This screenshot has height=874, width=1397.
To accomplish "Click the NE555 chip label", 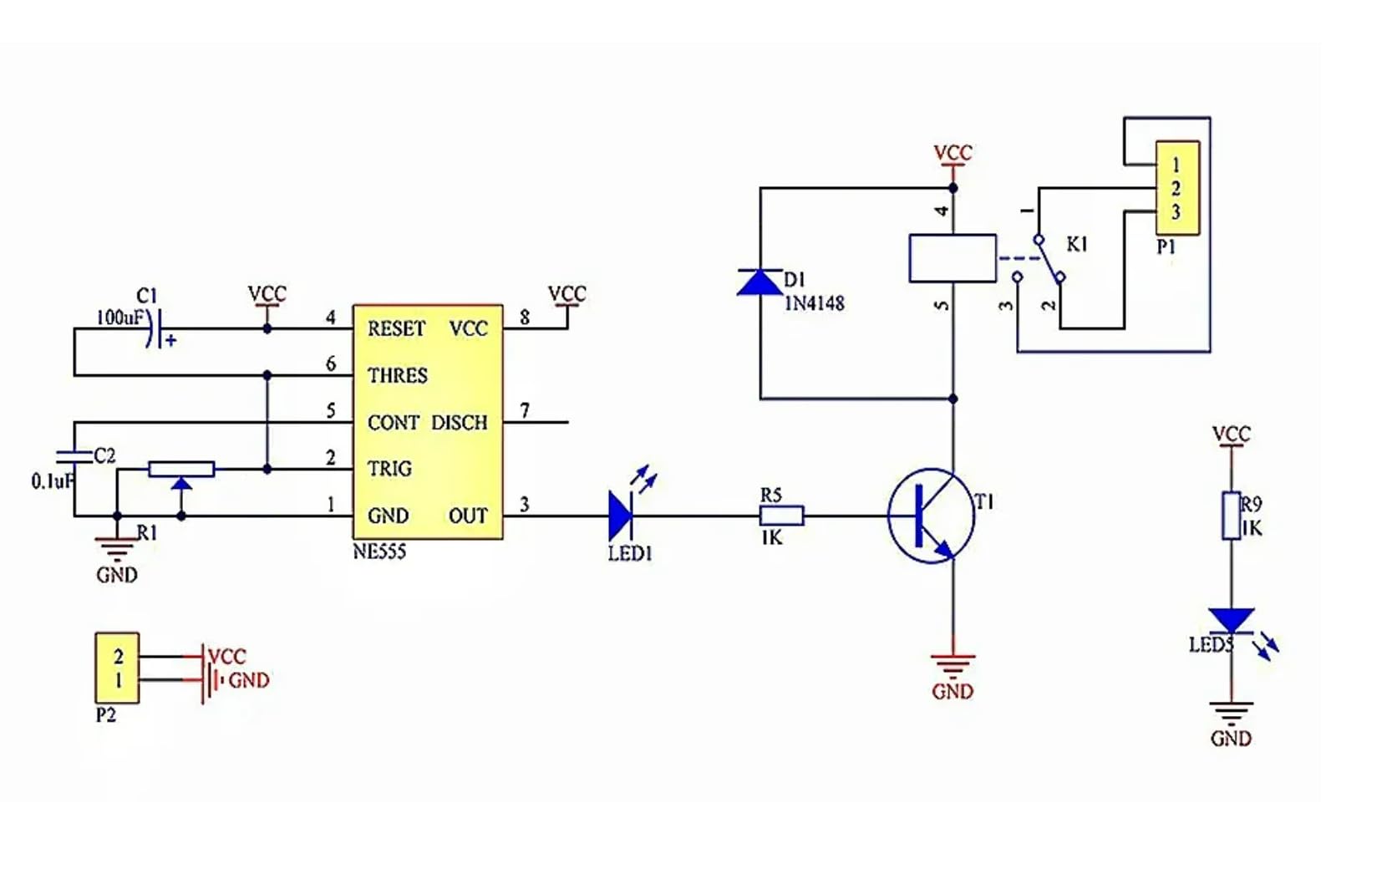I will tap(379, 551).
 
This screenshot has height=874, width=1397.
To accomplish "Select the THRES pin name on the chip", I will tap(398, 375).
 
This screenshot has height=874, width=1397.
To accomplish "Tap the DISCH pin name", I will tap(459, 422).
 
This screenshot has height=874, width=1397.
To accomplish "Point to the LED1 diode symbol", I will tap(621, 516).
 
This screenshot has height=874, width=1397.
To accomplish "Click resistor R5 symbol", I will tap(782, 516).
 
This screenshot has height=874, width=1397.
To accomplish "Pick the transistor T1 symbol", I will tap(931, 516).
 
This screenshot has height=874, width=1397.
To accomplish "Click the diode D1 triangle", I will tap(759, 282).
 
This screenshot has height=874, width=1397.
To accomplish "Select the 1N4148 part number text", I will tap(814, 303).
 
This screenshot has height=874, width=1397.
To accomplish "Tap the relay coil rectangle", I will tap(952, 258).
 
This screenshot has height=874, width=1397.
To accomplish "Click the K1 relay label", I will tap(1077, 244).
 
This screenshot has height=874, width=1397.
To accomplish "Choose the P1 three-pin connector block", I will tap(1177, 188).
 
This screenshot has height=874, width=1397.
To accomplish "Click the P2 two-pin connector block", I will tap(117, 668).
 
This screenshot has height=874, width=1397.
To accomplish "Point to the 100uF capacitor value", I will tap(119, 318).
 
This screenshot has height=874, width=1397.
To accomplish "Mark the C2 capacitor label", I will tap(104, 455).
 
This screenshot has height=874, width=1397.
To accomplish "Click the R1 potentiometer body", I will tap(181, 469).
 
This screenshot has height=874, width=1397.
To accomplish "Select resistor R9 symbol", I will tap(1231, 516).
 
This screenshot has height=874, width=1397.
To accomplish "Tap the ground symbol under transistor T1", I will tap(952, 665).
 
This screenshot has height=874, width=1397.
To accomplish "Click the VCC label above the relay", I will tap(952, 153).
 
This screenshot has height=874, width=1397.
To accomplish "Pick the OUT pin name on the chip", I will tap(468, 516).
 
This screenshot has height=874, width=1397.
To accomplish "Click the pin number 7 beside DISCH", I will tap(525, 410).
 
